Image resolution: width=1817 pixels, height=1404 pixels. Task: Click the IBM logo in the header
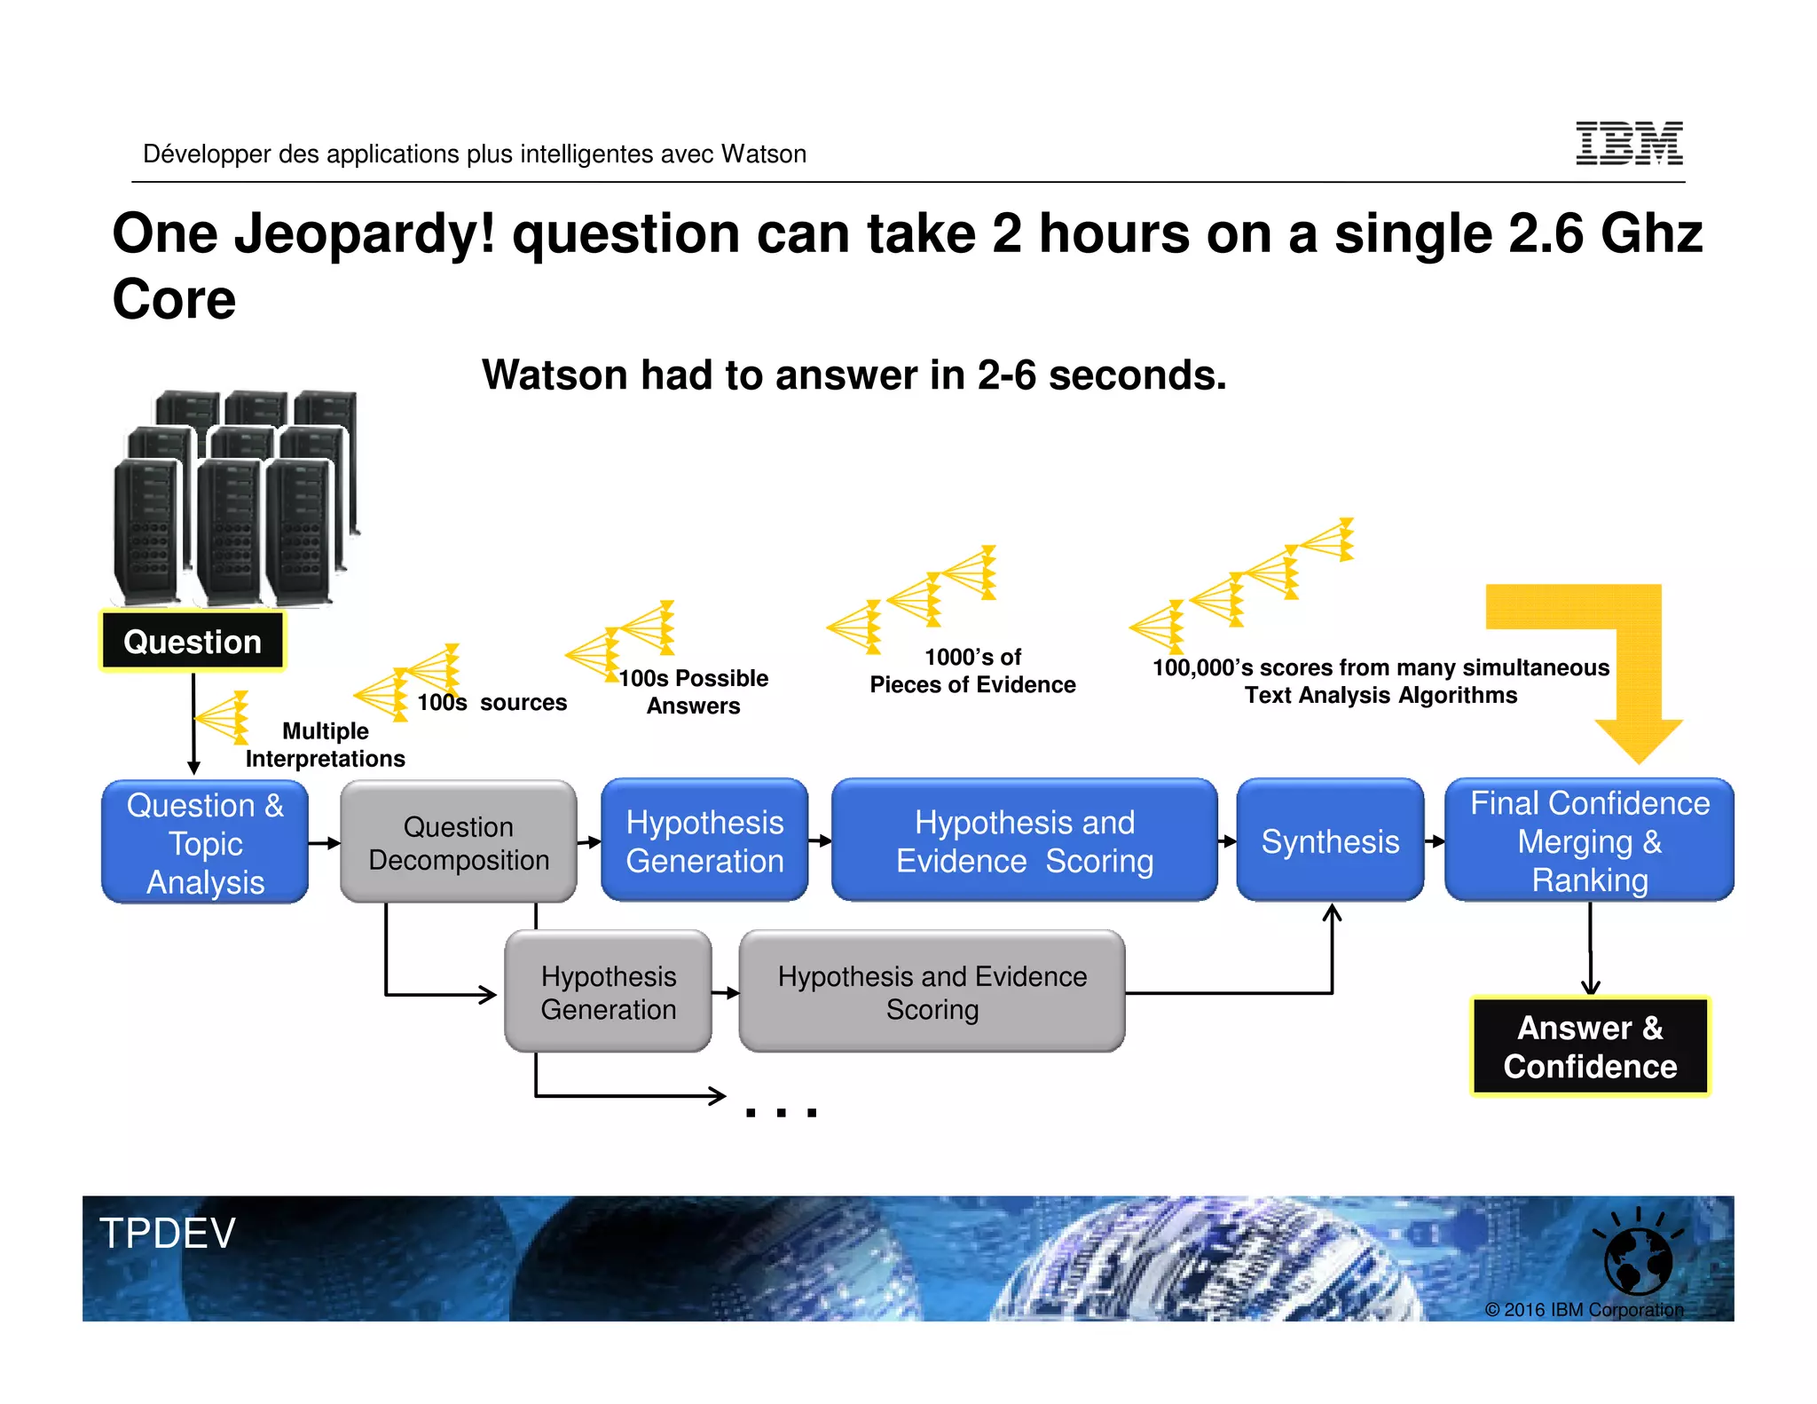click(x=1628, y=143)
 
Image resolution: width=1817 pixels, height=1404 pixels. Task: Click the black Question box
click(x=193, y=641)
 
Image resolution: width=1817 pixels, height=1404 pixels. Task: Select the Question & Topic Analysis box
click(x=205, y=842)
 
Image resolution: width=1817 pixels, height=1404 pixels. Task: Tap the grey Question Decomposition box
click(x=458, y=842)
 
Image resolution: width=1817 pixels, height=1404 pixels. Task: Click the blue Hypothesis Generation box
click(x=704, y=840)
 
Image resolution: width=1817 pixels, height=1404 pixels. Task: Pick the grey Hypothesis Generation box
click(x=608, y=992)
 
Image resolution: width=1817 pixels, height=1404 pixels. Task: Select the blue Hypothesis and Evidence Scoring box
click(x=1024, y=840)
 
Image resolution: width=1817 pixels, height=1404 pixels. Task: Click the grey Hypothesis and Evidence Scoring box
click(x=932, y=992)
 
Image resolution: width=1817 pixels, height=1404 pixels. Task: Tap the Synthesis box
click(x=1330, y=840)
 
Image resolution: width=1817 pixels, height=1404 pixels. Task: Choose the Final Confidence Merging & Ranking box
click(x=1589, y=840)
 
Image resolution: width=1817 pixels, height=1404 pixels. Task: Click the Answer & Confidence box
click(x=1589, y=1046)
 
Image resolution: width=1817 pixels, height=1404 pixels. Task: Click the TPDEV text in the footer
click(x=168, y=1233)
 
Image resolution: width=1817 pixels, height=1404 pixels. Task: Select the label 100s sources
click(x=492, y=702)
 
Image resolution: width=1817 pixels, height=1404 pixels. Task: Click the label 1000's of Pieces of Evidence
click(x=972, y=671)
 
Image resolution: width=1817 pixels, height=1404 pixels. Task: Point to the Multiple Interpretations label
click(x=325, y=745)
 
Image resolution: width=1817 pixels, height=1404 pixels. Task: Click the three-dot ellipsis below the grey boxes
click(x=781, y=1112)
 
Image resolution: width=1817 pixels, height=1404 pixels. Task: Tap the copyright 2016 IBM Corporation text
click(x=1584, y=1309)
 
